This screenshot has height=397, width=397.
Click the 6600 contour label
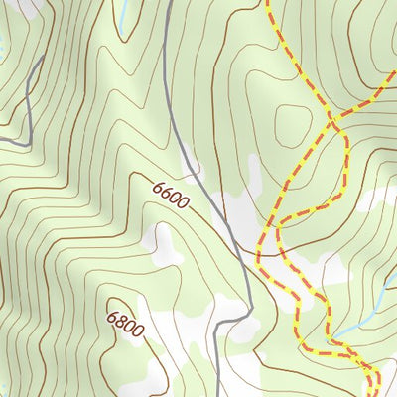[171, 194]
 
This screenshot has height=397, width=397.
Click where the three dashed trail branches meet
[332, 121]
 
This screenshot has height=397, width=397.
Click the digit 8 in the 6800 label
[121, 320]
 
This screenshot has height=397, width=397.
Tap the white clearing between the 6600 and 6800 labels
[159, 243]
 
